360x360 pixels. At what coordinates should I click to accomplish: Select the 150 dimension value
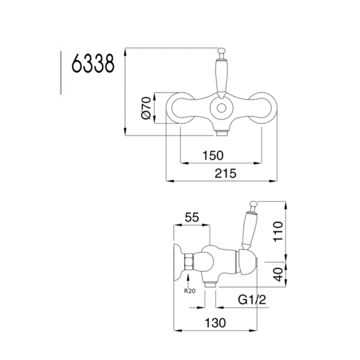coord(212,155)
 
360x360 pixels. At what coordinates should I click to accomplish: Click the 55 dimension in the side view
coord(192,218)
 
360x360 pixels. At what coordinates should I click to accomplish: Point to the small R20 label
coord(190,291)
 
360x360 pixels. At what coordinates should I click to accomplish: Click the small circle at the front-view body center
coord(223,110)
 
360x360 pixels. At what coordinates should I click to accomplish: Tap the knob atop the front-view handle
coord(222,52)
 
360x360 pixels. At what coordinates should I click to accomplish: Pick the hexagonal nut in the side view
coord(188,262)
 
